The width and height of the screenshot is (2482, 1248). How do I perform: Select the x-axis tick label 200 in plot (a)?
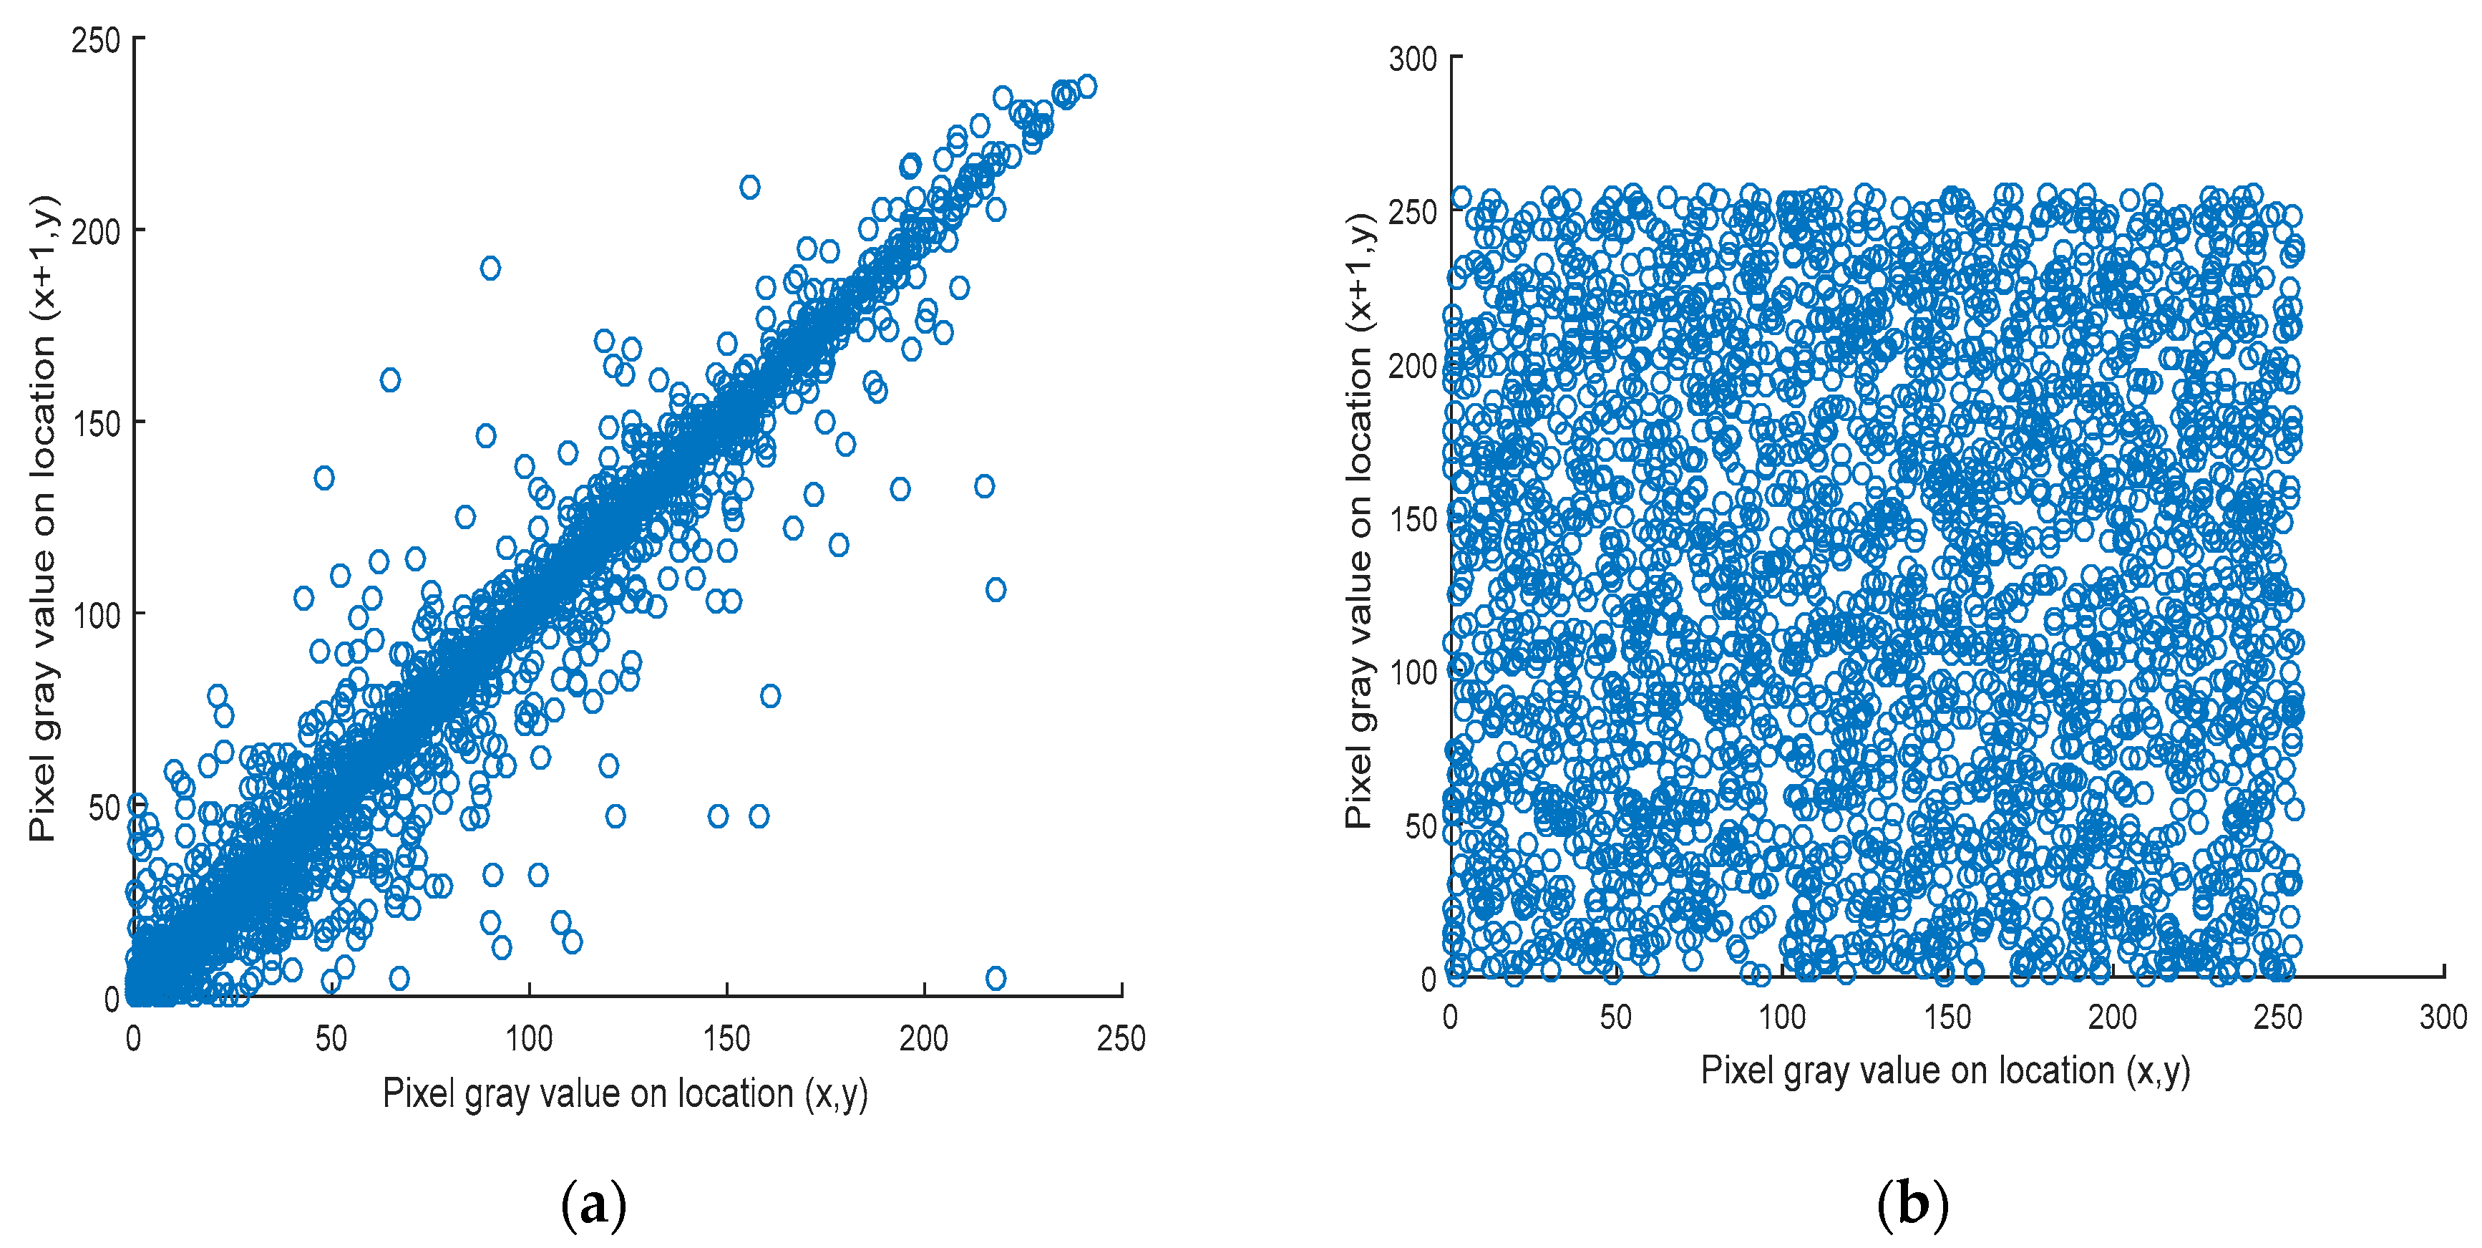click(x=923, y=1038)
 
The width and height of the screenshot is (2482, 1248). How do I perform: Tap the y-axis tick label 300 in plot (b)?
click(x=1413, y=59)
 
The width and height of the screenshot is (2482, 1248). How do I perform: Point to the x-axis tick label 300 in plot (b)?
click(x=2443, y=1017)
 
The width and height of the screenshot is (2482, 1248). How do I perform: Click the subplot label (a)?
click(x=593, y=1204)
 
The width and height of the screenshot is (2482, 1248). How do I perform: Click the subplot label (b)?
click(x=1912, y=1204)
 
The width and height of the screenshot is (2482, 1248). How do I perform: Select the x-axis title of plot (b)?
click(x=1945, y=1070)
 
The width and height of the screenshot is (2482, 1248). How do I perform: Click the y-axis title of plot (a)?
click(x=44, y=518)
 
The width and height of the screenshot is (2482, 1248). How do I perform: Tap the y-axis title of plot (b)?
click(x=1360, y=521)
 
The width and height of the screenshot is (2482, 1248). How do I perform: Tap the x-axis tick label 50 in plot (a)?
click(x=331, y=1038)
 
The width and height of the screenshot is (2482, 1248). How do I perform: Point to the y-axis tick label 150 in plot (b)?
click(x=1413, y=519)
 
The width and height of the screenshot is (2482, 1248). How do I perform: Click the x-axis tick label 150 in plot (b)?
click(x=1947, y=1017)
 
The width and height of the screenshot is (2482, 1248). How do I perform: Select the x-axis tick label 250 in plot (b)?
click(x=2278, y=1017)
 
